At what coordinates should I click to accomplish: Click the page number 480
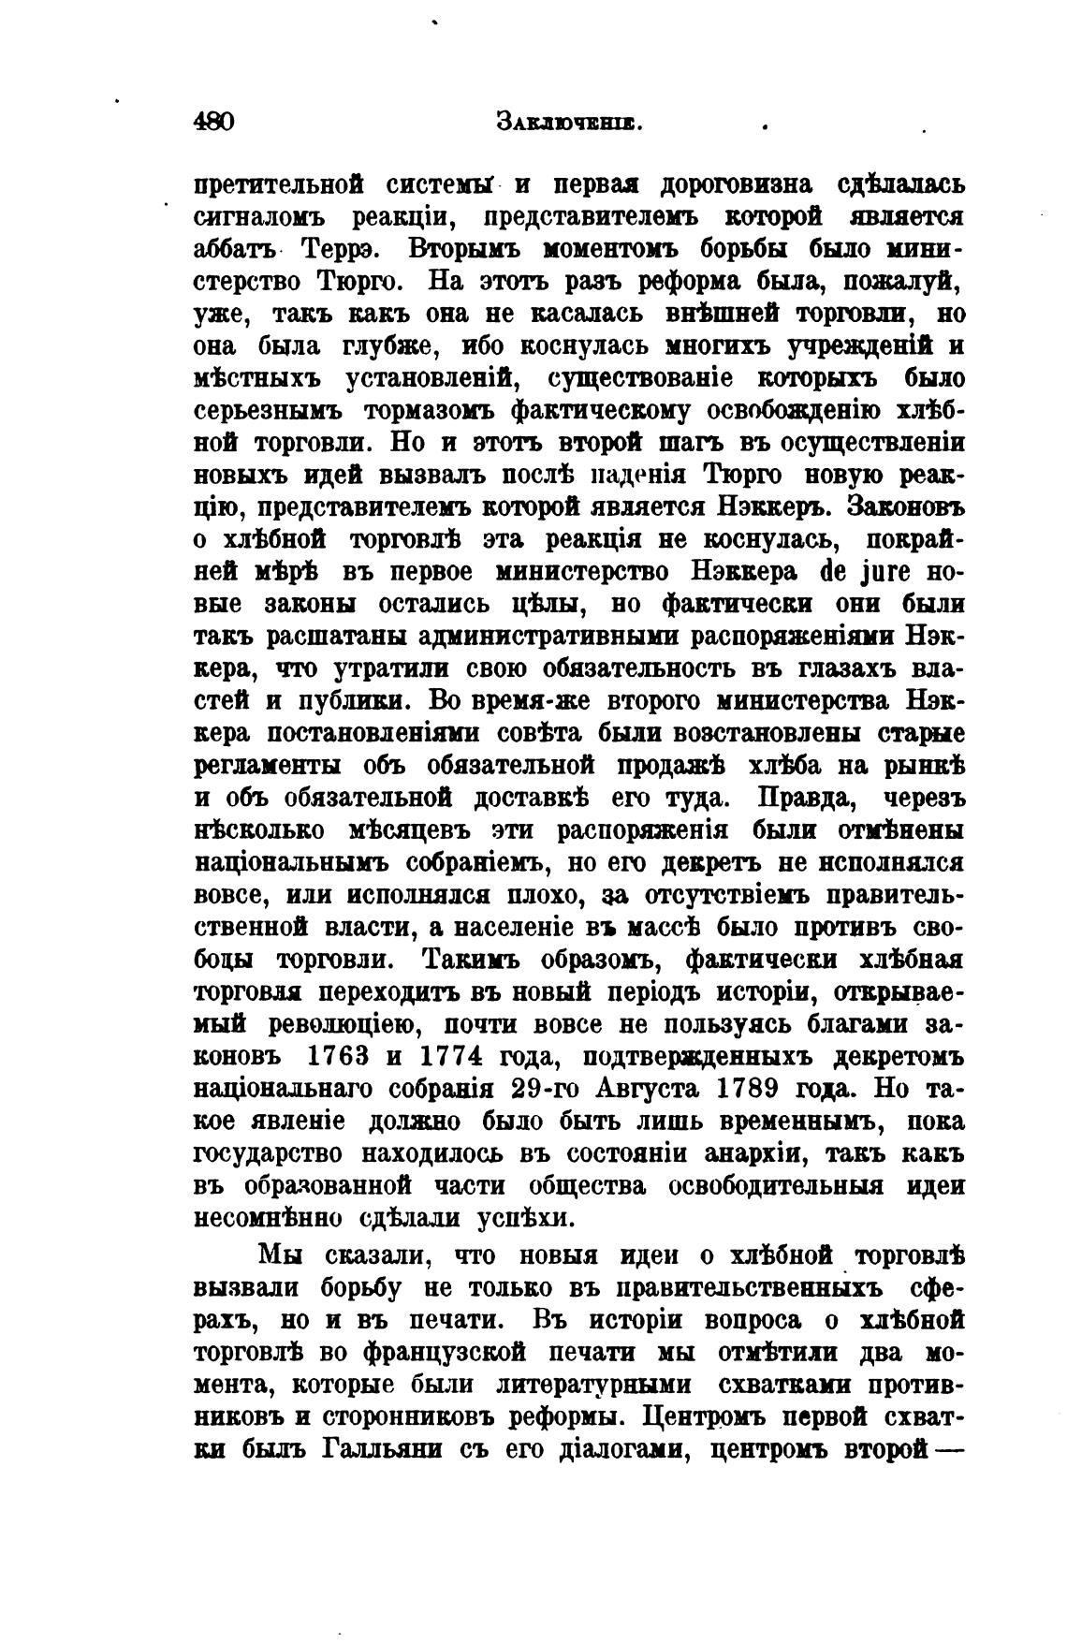coord(212,123)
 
